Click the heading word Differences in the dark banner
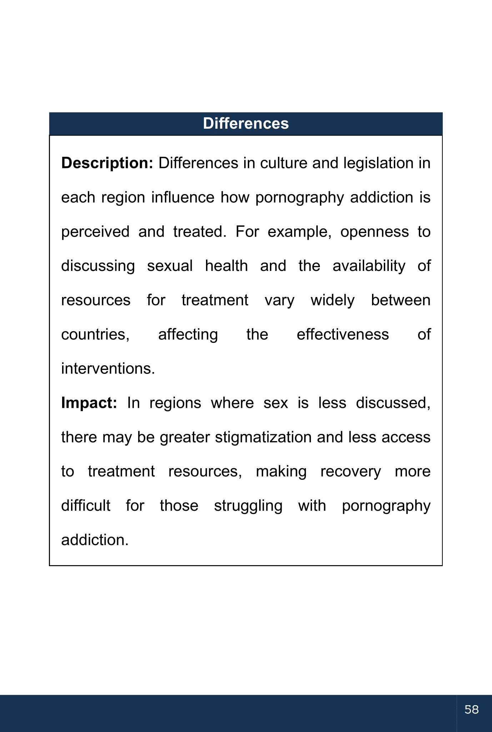pos(246,124)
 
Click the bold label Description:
pos(107,163)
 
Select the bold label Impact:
pos(89,403)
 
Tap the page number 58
pos(471,709)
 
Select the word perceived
pos(95,232)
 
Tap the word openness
pos(374,232)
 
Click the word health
pos(226,266)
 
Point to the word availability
pos(369,266)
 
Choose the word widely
pos(332,301)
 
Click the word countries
pos(95,335)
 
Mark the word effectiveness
pos(343,335)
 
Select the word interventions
pos(108,369)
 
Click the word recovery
pos(351,472)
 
